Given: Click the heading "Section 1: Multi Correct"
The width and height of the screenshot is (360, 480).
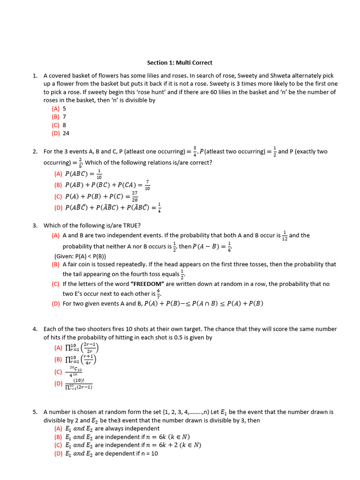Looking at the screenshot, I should (180, 62).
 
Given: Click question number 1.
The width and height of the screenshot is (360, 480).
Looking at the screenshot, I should (35, 75).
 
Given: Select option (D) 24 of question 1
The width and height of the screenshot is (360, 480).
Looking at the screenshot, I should (60, 133).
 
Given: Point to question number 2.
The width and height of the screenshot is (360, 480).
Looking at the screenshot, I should (35, 151).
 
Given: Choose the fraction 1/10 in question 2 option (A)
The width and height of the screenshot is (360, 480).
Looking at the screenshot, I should (99, 174).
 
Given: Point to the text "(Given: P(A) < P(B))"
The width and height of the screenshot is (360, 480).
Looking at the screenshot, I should (80, 256).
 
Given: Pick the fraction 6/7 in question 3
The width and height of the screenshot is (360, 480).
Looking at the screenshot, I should (158, 293).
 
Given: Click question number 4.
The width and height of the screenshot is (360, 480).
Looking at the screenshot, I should (35, 329).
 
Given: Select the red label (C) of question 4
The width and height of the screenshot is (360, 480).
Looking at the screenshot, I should (58, 372).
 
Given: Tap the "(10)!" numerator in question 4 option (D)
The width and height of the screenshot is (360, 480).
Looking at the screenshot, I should (78, 381).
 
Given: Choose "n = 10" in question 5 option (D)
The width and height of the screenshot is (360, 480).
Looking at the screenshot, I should (148, 454).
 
